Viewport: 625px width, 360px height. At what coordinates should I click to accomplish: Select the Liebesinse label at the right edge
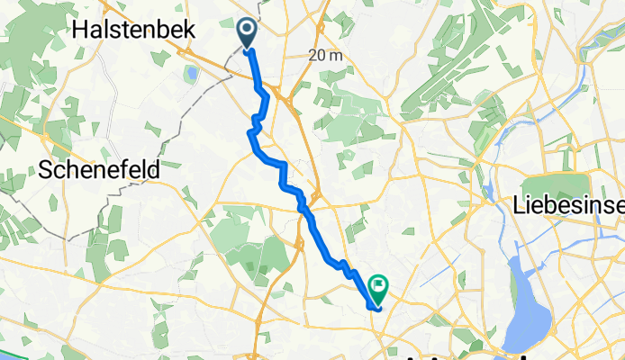(568, 205)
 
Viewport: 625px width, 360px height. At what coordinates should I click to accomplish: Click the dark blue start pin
(247, 32)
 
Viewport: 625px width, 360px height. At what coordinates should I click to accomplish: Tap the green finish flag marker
(376, 289)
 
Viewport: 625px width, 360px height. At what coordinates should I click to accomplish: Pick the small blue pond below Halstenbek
(189, 72)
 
